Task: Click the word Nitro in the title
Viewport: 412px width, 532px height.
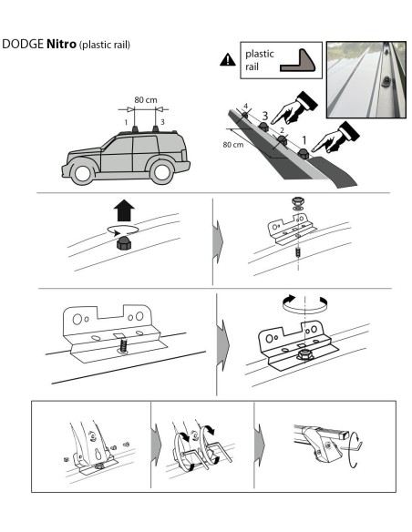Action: [61, 44]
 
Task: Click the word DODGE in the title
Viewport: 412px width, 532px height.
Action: [23, 44]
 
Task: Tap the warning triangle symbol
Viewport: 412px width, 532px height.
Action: [228, 60]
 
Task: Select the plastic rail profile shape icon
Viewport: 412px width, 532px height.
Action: [298, 61]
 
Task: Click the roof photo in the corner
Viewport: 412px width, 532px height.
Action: [366, 80]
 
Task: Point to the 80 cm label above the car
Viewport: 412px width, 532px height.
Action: [146, 100]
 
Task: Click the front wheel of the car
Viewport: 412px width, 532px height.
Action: [82, 173]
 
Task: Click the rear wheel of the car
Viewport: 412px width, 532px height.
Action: [161, 171]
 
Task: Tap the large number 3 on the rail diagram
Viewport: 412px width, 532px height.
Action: [264, 116]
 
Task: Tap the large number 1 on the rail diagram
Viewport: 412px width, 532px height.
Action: [304, 139]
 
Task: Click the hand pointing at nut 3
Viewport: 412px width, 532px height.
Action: [294, 108]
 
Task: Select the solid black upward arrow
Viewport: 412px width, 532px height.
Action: [124, 210]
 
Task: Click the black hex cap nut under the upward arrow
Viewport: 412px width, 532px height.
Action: [124, 243]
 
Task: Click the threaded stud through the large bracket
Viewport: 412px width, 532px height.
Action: [124, 346]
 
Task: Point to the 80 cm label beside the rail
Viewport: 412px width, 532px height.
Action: [233, 145]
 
